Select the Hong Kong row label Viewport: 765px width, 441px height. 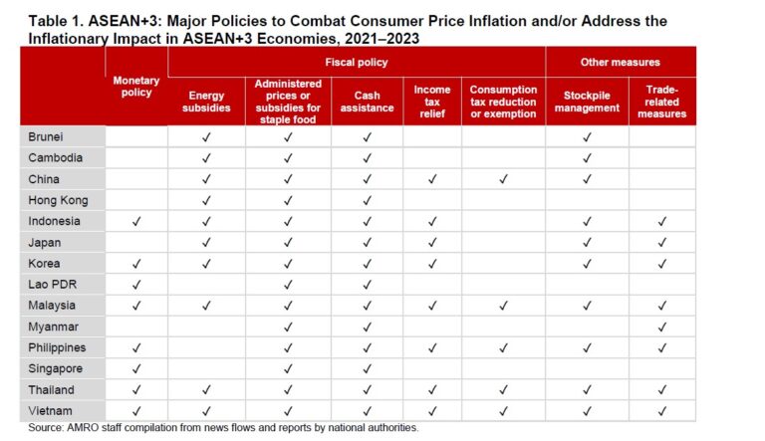coord(58,200)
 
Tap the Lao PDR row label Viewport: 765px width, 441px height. coord(51,284)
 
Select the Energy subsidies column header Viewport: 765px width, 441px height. coord(206,101)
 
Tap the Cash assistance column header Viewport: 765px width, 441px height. coord(367,101)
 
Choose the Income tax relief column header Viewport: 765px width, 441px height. coord(431,101)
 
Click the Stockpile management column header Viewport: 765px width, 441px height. coord(587,101)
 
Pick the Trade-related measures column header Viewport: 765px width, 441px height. coord(661,101)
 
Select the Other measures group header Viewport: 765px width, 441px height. coord(620,62)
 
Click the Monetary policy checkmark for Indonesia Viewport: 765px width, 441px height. coord(136,221)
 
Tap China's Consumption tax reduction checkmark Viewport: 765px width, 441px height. coord(503,179)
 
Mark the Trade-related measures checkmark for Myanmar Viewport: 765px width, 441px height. coord(661,327)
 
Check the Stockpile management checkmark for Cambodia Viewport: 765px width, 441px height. coord(587,157)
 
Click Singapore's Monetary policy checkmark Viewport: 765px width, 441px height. coord(136,368)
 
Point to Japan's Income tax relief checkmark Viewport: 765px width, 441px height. coord(431,242)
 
